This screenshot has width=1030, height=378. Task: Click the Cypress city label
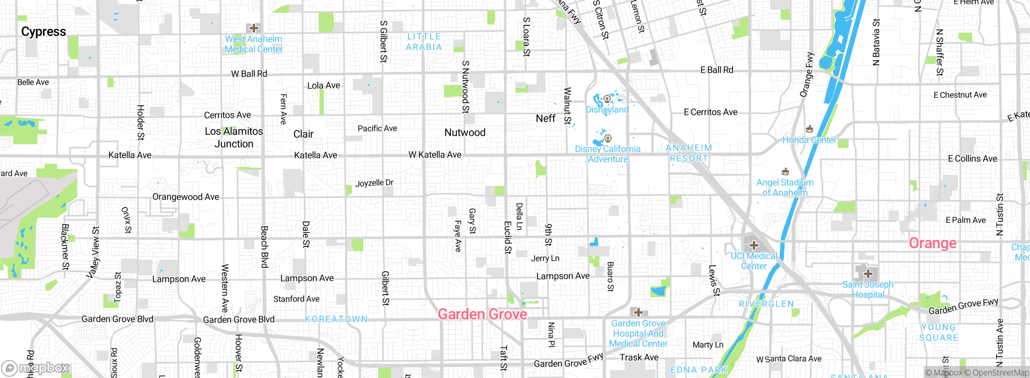tap(43, 31)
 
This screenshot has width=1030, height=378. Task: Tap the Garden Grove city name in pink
tap(482, 314)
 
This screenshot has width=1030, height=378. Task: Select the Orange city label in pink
tap(933, 243)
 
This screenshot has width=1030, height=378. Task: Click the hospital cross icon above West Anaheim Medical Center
tap(254, 28)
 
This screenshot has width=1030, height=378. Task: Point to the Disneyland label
tap(607, 109)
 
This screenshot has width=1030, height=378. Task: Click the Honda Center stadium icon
tap(810, 129)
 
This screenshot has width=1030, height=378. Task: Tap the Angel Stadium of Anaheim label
tap(785, 187)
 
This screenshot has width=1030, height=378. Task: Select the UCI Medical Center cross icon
tap(754, 245)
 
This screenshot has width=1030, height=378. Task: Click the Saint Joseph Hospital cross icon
tap(868, 274)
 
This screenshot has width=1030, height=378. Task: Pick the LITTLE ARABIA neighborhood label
tap(424, 42)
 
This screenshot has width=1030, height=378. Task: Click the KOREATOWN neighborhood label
tap(336, 319)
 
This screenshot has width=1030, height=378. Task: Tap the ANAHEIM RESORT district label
tap(689, 153)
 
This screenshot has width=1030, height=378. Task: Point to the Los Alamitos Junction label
tap(234, 137)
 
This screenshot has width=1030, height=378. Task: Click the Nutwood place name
tap(465, 132)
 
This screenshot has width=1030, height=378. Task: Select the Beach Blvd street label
tap(264, 247)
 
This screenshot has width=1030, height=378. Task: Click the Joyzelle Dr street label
tap(374, 183)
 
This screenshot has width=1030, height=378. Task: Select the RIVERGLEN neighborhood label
tap(766, 304)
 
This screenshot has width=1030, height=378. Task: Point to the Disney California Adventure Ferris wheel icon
tap(608, 138)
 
